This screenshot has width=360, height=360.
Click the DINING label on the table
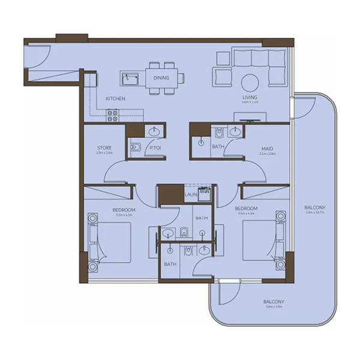click(x=161, y=78)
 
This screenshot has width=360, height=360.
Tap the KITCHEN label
click(x=115, y=98)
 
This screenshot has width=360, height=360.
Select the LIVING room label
click(x=250, y=98)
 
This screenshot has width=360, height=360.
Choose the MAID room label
click(x=268, y=148)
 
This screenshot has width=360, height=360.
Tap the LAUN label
click(x=191, y=195)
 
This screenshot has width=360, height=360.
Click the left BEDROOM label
click(x=124, y=209)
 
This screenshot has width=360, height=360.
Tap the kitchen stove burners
click(x=112, y=115)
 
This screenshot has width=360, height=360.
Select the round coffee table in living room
click(x=250, y=83)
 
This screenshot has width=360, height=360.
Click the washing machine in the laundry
click(x=205, y=193)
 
